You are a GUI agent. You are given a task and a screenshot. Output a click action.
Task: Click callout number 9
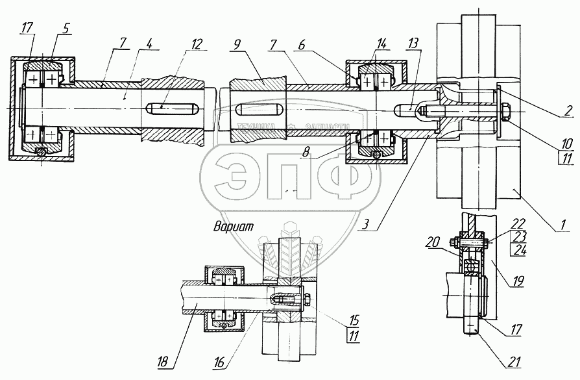(x=237, y=45)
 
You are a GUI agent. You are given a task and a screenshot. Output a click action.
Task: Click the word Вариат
(x=232, y=227)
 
